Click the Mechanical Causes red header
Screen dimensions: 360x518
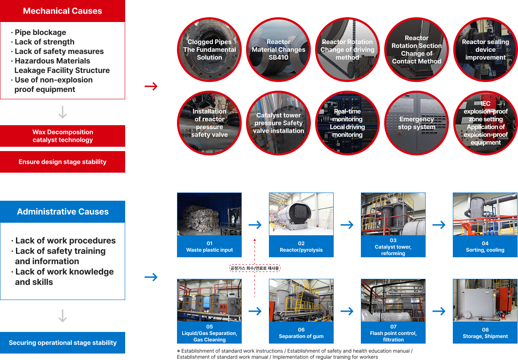63,11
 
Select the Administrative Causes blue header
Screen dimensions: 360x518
63,212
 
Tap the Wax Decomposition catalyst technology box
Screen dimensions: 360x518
63,136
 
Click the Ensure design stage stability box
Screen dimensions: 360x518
63,162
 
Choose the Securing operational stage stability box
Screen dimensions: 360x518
63,343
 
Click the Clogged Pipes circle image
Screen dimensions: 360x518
209,50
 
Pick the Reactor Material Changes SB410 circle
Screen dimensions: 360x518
278,50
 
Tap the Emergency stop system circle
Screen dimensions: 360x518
417,123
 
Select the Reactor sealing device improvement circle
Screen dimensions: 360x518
486,50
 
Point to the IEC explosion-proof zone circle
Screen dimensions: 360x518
486,123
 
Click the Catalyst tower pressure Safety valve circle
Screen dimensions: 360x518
278,123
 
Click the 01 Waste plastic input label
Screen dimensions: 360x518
209,246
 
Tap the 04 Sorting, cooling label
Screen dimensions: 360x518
485,246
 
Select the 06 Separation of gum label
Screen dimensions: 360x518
301,333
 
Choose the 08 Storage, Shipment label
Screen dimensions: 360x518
485,333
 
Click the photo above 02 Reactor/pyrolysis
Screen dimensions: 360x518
301,214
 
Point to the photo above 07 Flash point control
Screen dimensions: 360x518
393,300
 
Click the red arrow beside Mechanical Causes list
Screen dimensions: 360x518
151,87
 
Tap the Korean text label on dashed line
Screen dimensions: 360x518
255,268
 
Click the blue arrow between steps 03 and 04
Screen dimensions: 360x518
439,225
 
